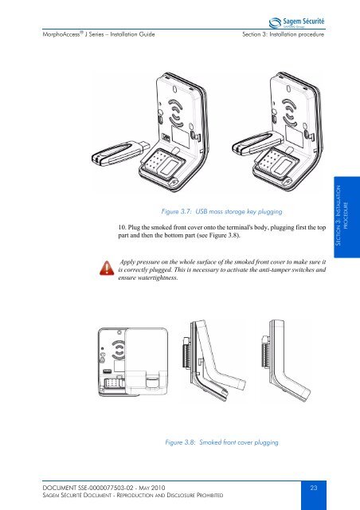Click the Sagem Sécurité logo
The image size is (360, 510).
296,22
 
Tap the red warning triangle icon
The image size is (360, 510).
107,268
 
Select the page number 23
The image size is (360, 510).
314,488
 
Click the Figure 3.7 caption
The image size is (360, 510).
221,211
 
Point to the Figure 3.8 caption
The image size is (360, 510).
221,442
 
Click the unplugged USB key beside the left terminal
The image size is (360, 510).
121,153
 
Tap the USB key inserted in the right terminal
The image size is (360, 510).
257,143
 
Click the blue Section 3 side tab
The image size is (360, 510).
346,217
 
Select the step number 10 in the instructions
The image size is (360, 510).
122,227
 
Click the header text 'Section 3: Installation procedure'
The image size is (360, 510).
284,34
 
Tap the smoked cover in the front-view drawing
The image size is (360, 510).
147,362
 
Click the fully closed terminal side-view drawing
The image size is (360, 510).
286,360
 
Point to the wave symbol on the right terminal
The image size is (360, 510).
289,112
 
